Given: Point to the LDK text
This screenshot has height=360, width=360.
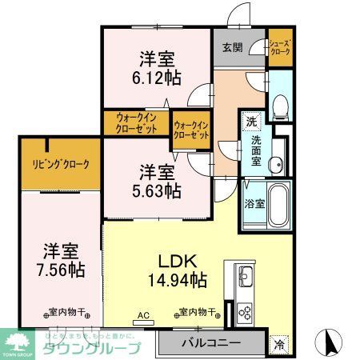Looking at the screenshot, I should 178,260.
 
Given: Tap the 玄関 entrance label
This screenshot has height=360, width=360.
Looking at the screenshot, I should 232,47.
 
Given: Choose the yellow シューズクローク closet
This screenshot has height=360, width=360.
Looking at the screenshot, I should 279,49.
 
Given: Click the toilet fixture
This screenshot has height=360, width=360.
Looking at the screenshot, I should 279,105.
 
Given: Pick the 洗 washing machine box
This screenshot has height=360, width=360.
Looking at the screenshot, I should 251,122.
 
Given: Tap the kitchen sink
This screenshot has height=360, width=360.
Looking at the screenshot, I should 244,278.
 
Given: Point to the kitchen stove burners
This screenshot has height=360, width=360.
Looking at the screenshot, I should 244,311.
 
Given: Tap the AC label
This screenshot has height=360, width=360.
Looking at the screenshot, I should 143,314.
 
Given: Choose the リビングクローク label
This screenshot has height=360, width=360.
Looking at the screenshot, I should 61,164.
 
